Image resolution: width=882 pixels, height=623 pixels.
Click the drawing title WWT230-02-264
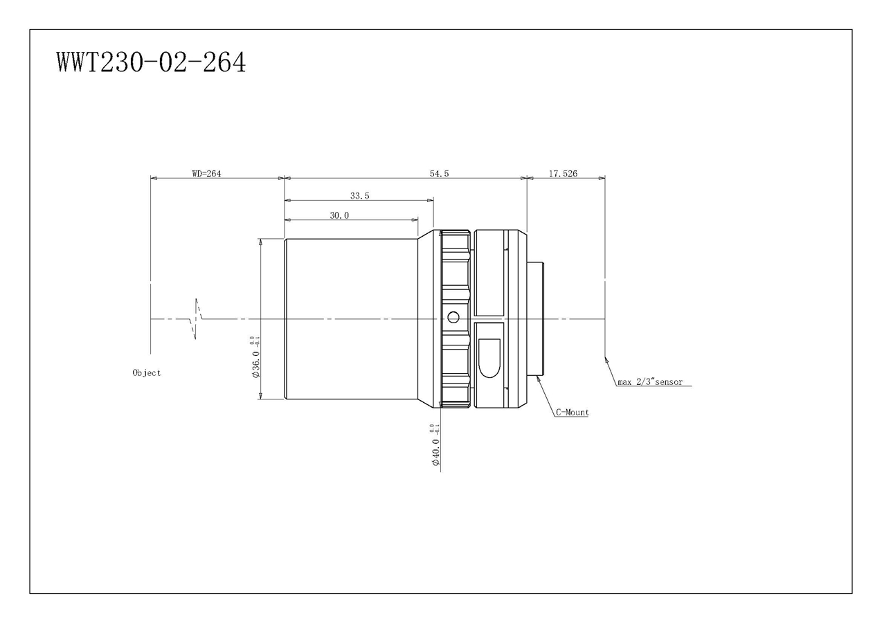point(151,62)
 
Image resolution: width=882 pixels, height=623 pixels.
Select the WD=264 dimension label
point(206,173)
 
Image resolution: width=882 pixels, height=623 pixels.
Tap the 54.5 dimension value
point(439,173)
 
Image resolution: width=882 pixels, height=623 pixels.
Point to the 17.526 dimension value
point(563,173)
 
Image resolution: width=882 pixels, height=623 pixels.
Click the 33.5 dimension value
point(359,196)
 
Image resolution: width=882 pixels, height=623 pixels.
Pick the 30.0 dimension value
point(339,215)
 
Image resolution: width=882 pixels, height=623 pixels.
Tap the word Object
point(147,372)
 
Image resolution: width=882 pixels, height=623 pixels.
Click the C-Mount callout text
point(572,413)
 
